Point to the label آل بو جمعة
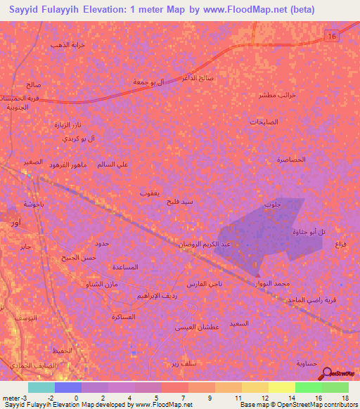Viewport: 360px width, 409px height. [149, 82]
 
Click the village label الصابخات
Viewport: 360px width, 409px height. [264, 122]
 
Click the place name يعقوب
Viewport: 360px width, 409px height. [150, 192]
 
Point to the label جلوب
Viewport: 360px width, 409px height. [272, 205]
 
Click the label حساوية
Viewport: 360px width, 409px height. [307, 363]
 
